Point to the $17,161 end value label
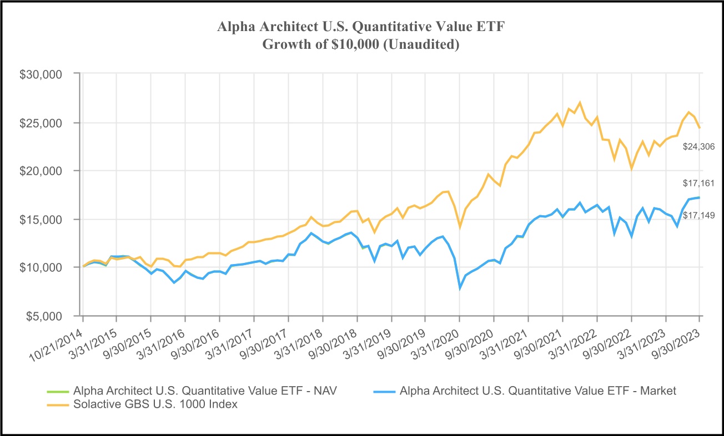pyautogui.click(x=698, y=182)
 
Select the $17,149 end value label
pyautogui.click(x=698, y=215)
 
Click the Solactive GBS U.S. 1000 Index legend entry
pyautogui.click(x=155, y=404)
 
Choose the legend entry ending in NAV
pyautogui.click(x=205, y=391)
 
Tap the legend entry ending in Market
pyautogui.click(x=537, y=391)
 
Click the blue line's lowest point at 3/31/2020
pyautogui.click(x=460, y=288)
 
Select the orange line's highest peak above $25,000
pyautogui.click(x=580, y=103)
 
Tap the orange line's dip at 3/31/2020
pyautogui.click(x=460, y=227)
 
